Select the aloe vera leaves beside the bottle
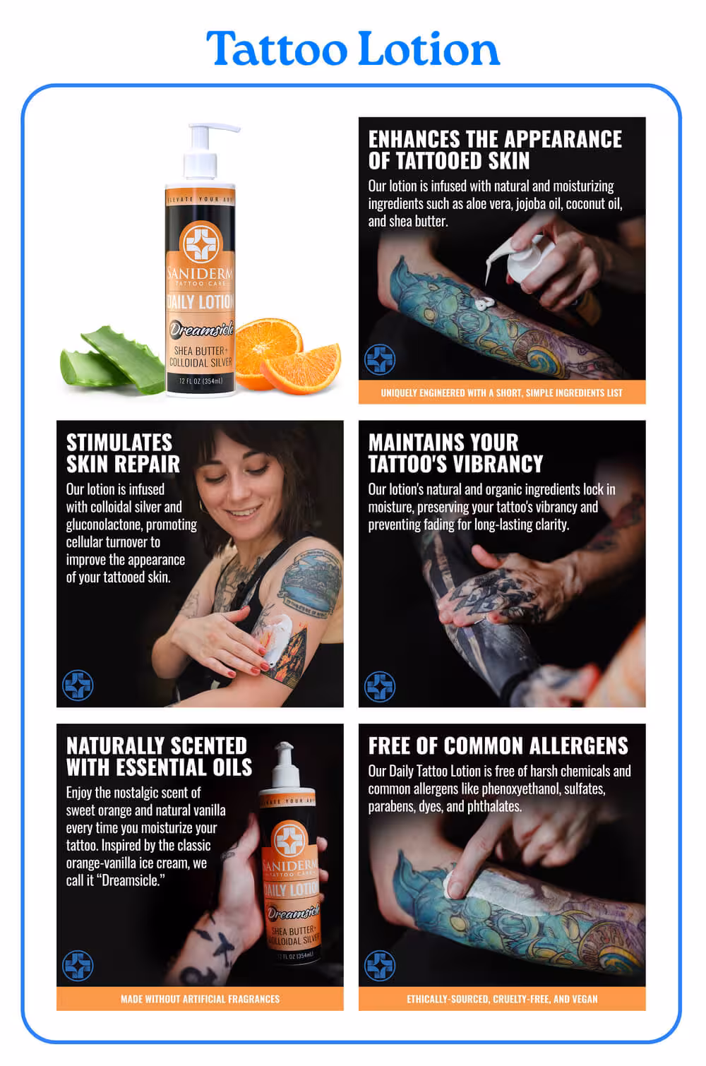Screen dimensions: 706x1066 [x=112, y=360]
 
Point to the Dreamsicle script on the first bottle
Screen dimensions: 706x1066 [x=202, y=329]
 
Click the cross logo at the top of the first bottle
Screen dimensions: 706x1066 [x=201, y=241]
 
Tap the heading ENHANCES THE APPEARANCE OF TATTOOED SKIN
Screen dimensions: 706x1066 [x=495, y=150]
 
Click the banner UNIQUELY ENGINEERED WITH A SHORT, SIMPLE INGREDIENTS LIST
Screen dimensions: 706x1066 [x=502, y=393]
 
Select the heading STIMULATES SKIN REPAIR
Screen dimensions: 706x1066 [x=123, y=453]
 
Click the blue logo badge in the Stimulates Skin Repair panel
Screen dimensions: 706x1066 [x=78, y=685]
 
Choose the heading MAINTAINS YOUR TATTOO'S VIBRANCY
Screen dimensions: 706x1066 [x=455, y=453]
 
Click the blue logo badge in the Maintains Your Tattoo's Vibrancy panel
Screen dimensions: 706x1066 [x=380, y=686]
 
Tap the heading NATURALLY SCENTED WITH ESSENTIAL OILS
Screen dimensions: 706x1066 [x=159, y=756]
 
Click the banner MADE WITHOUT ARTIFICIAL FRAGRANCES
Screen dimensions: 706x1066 [x=200, y=999]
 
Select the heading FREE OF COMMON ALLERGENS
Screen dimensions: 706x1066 [x=498, y=745]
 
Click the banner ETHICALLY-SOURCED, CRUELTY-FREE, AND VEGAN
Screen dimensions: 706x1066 [x=502, y=999]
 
